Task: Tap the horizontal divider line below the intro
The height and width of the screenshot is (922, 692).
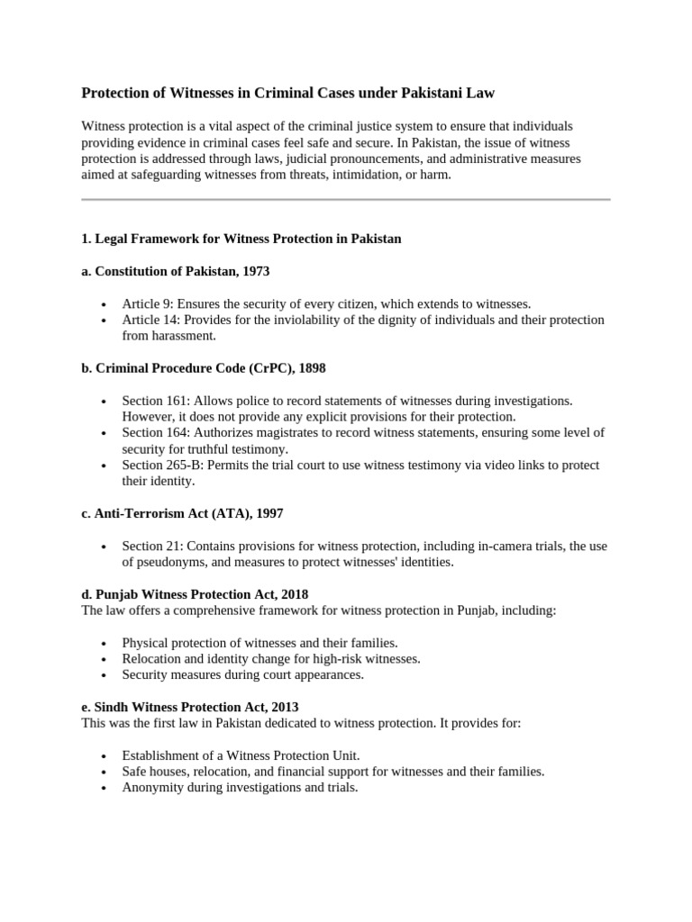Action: pyautogui.click(x=346, y=199)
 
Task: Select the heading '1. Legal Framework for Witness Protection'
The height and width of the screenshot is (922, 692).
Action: pyautogui.click(x=241, y=239)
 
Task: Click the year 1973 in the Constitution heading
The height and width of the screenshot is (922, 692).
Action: pyautogui.click(x=255, y=271)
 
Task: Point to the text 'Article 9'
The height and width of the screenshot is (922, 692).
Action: pyautogui.click(x=146, y=303)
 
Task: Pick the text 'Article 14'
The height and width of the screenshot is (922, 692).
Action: pyautogui.click(x=150, y=320)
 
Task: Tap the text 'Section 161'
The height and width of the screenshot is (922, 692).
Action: pyautogui.click(x=154, y=400)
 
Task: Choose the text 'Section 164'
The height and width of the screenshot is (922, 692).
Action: pyautogui.click(x=154, y=432)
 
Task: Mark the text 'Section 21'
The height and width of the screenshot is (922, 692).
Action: pyautogui.click(x=150, y=546)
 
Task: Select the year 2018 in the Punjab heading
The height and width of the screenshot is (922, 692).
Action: pyautogui.click(x=294, y=594)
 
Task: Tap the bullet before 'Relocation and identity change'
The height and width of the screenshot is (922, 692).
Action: pyautogui.click(x=105, y=659)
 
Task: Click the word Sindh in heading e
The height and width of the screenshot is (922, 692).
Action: pyautogui.click(x=112, y=707)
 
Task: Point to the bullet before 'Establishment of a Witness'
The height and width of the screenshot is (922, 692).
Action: pyautogui.click(x=105, y=755)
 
